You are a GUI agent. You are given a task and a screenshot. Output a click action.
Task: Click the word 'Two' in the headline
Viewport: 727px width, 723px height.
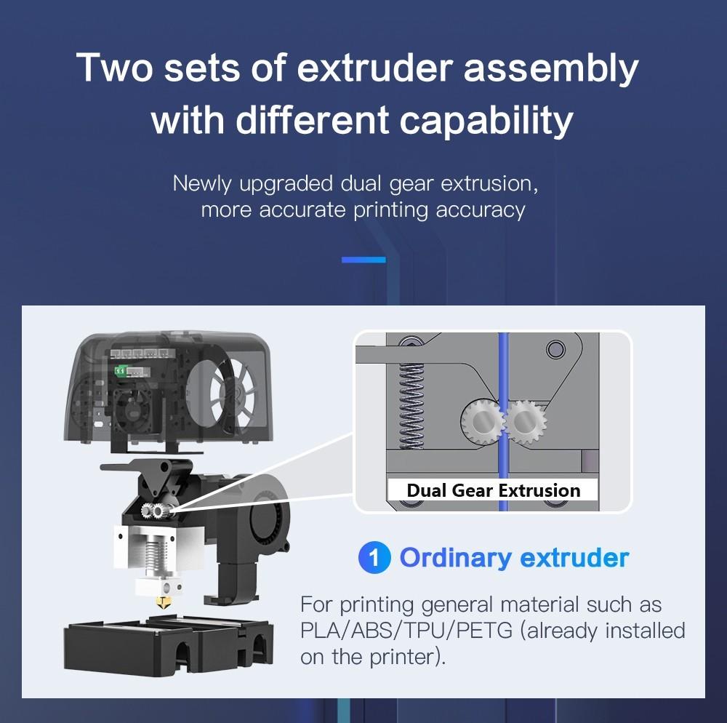coord(114,68)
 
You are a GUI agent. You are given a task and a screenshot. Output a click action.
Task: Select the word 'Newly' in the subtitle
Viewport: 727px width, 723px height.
coord(201,184)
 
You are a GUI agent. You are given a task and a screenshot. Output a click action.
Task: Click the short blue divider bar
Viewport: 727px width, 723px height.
coord(363,260)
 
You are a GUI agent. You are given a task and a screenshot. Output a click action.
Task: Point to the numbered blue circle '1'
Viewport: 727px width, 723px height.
coord(374,557)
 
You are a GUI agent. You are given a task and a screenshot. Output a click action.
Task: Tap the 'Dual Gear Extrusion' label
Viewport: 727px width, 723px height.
coord(494,490)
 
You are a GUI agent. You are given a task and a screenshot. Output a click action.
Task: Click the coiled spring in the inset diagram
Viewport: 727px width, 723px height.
coord(411,406)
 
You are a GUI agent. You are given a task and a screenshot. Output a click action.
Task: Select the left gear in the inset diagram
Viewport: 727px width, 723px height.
coord(482,421)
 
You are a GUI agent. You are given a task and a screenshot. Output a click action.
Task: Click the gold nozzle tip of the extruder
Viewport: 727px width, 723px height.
coord(163,602)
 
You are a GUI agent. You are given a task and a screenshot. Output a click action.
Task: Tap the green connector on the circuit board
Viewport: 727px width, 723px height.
coord(121,370)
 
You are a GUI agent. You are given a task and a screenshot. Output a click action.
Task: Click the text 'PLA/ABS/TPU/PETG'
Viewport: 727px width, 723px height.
coord(406,631)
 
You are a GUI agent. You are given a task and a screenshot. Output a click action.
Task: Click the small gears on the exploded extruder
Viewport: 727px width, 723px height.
coord(154,510)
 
